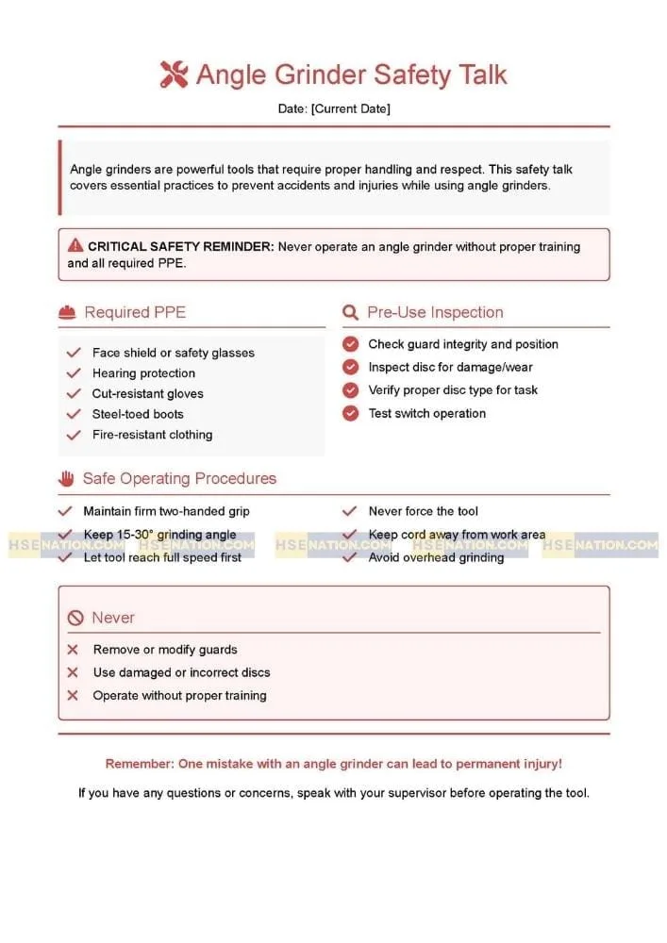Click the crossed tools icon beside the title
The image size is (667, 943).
pyautogui.click(x=175, y=74)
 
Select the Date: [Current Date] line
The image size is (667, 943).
pyautogui.click(x=333, y=108)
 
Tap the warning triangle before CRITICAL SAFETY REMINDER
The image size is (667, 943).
pyautogui.click(x=75, y=246)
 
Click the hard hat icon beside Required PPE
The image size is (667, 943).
pyautogui.click(x=67, y=312)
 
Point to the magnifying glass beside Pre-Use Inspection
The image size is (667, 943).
pyautogui.click(x=350, y=312)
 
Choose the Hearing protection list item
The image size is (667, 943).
pyautogui.click(x=143, y=373)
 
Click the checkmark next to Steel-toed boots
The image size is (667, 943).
pyautogui.click(x=74, y=414)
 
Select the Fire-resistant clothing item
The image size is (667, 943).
pyautogui.click(x=152, y=435)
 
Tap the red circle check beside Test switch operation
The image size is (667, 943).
pyautogui.click(x=351, y=413)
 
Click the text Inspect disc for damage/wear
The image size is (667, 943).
pyautogui.click(x=450, y=367)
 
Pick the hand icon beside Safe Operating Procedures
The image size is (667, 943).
pyautogui.click(x=66, y=478)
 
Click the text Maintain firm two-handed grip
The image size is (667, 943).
pyautogui.click(x=166, y=511)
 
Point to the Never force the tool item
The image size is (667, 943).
pyautogui.click(x=423, y=511)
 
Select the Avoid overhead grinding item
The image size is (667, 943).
pyautogui.click(x=436, y=557)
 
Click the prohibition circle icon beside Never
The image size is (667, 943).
pyautogui.click(x=75, y=619)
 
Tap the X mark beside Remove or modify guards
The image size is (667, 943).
pyautogui.click(x=73, y=650)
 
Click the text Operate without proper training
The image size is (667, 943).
pyautogui.click(x=179, y=695)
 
